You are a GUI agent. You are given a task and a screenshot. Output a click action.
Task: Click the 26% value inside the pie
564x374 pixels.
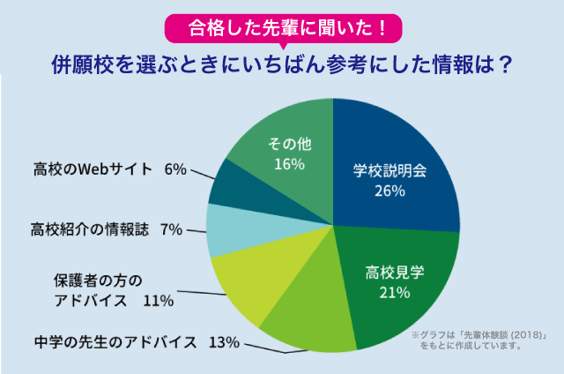click(389, 191)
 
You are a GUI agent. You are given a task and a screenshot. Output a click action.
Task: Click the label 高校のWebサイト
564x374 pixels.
click(93, 168)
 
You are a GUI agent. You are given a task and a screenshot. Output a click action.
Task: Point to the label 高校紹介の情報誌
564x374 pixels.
click(89, 230)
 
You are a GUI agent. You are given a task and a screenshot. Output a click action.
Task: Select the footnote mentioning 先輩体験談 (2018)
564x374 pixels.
click(480, 340)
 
